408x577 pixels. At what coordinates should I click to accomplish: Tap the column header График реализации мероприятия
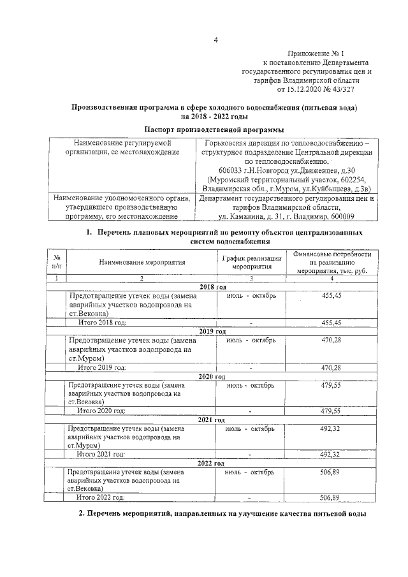[251, 261]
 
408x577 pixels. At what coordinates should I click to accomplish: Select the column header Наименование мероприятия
[142, 261]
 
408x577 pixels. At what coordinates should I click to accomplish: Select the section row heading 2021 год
[212, 420]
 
